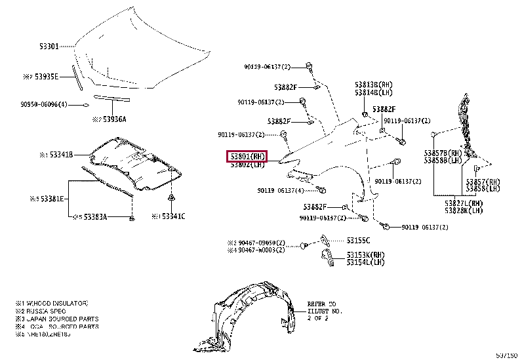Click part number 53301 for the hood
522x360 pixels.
coord(49,46)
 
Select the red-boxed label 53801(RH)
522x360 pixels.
coord(247,157)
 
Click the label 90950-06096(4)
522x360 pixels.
coord(43,104)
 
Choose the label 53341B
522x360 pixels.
coord(60,155)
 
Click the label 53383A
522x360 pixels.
coord(93,216)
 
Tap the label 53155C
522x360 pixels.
coord(358,240)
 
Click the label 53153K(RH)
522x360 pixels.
coord(365,255)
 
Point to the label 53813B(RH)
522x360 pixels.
coord(374,85)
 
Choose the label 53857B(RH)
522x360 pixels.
coord(443,153)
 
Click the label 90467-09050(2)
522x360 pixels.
coord(261,242)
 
